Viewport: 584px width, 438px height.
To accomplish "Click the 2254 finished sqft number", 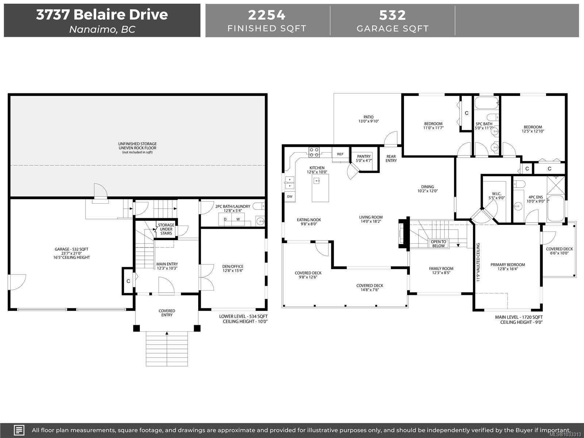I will coord(266,15).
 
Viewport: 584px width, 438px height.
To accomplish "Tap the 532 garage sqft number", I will coord(392,15).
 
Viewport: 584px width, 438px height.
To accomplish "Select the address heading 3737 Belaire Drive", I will coord(102,15).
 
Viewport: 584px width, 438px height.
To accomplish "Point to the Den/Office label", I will coord(233,266).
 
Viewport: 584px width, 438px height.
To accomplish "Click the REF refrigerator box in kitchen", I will coord(340,154).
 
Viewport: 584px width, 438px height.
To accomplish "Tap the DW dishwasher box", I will coord(290,196).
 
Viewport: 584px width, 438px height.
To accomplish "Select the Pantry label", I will coord(364,157).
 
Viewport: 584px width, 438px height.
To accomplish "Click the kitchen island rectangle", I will coord(320,188).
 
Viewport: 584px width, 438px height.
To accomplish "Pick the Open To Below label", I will coord(438,243).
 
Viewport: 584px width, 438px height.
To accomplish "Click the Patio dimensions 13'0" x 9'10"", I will coord(368,121).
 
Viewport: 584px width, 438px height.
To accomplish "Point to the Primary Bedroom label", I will coord(507,265).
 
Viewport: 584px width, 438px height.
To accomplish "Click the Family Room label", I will coord(441,269).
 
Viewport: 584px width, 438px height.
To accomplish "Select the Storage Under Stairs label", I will coord(166,229).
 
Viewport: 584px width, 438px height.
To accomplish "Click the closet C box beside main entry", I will coord(128,281).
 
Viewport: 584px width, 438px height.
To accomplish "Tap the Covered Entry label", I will coord(167,313).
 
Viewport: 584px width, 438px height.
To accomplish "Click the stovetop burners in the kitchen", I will coord(314,152).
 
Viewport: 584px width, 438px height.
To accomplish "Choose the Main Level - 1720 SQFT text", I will coord(519,317).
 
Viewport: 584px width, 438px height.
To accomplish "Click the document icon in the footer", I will coord(19,430).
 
